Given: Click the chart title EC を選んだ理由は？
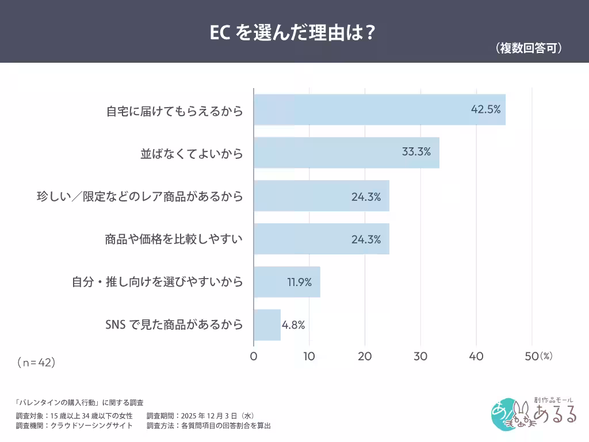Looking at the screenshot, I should click(293, 32).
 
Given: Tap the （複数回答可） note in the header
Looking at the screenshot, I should click(528, 49).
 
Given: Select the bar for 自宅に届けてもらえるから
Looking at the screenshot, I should click(379, 110).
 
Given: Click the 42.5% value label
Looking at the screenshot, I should click(486, 109).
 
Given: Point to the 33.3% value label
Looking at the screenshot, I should click(416, 153).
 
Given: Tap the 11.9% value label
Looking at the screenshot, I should click(299, 282).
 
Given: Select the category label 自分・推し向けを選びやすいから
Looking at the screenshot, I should click(157, 282).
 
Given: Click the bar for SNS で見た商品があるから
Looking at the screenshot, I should click(267, 325).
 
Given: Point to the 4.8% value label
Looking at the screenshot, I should click(293, 325).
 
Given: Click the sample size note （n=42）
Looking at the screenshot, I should click(36, 363).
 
